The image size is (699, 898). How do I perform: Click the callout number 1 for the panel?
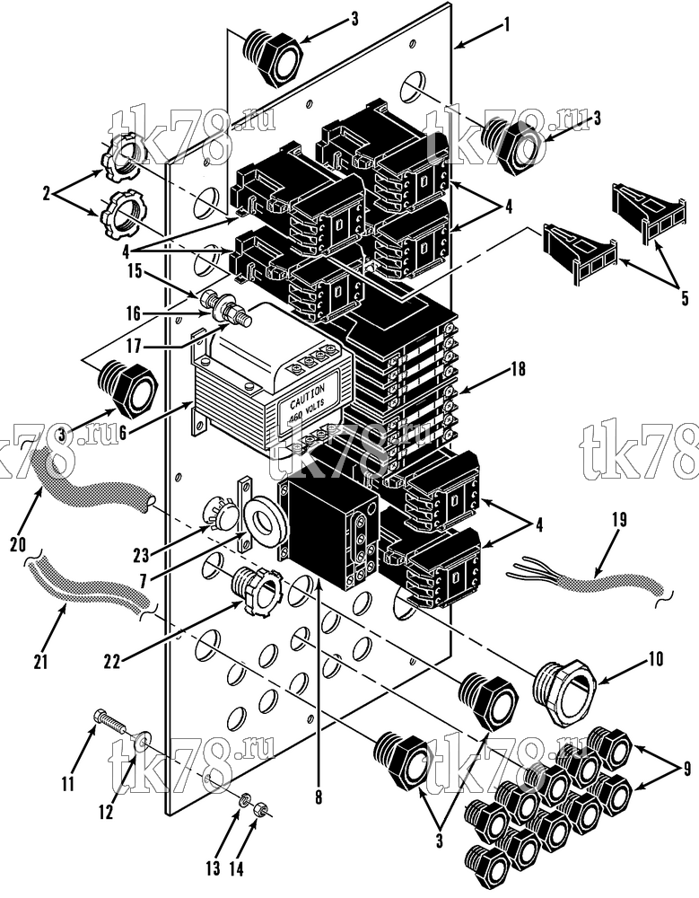coord(506,24)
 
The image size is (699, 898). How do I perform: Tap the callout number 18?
coord(518,369)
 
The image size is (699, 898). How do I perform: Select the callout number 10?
coord(656,658)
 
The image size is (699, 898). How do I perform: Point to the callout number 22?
coord(112,662)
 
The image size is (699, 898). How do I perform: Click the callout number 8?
coord(319,797)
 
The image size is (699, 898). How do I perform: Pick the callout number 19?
coord(619,519)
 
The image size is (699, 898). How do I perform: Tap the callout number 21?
coord(40,662)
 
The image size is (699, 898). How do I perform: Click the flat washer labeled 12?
coord(143,741)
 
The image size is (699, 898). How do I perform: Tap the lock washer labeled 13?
coord(244,799)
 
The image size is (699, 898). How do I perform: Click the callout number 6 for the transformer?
coord(122,434)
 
